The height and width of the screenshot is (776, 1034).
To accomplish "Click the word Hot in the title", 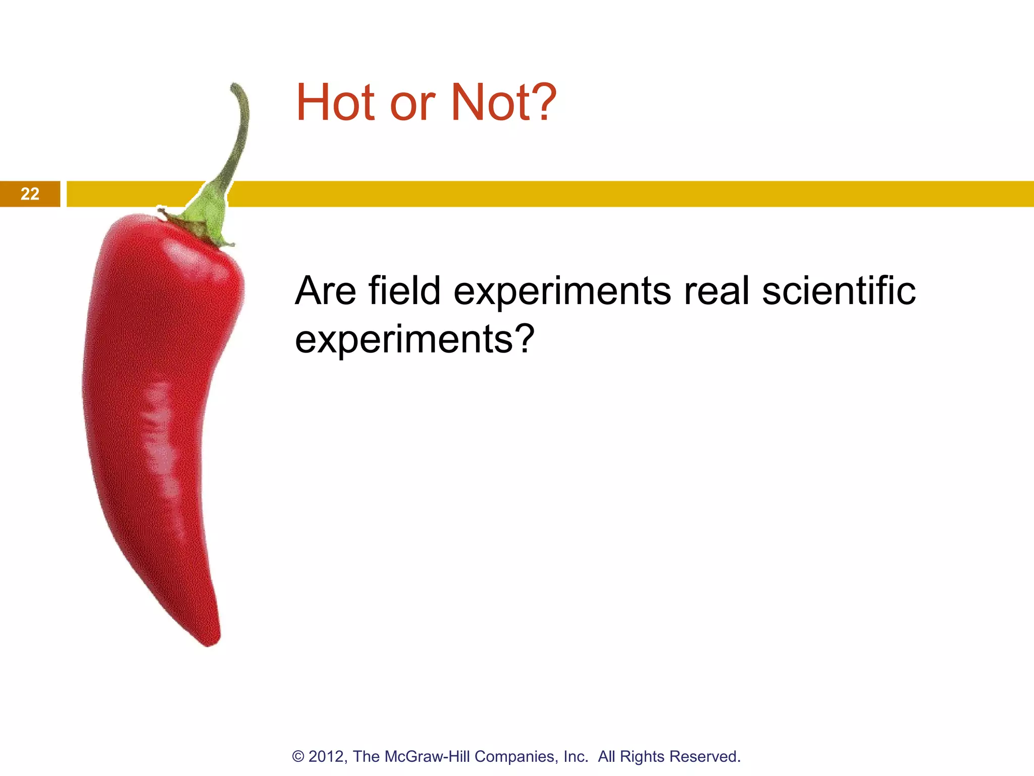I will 335,103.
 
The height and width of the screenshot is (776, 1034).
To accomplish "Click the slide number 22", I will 30,194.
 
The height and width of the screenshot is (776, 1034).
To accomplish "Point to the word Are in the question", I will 325,291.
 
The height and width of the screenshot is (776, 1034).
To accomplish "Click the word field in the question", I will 404,291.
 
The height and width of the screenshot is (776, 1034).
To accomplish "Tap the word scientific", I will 839,291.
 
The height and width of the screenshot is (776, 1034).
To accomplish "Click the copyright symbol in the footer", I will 298,757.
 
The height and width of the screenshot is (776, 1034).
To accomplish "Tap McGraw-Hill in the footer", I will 428,757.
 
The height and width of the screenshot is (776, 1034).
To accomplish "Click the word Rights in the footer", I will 642,757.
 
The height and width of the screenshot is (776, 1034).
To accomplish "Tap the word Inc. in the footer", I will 576,757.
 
